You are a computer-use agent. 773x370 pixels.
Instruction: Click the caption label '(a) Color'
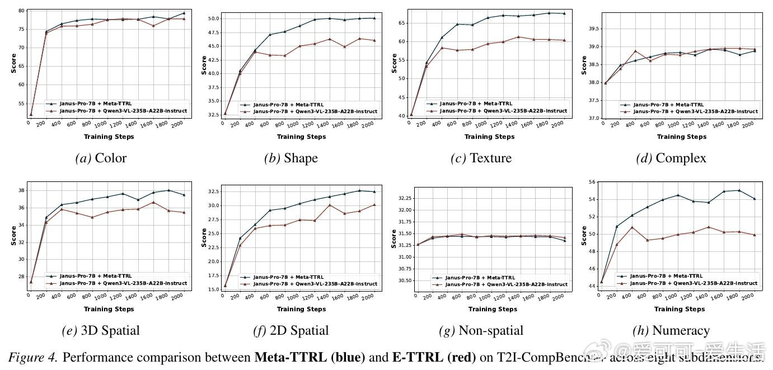coord(101,158)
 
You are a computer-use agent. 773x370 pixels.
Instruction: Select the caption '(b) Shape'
coord(291,158)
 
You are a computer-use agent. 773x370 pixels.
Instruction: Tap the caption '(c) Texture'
coord(481,158)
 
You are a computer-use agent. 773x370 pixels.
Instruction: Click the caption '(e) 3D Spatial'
coord(101,330)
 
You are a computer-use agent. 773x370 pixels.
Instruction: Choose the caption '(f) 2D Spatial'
coord(291,330)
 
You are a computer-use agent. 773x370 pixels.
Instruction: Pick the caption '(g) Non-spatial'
coord(481,330)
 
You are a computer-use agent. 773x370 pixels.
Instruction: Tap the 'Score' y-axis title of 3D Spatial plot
coord(13,235)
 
